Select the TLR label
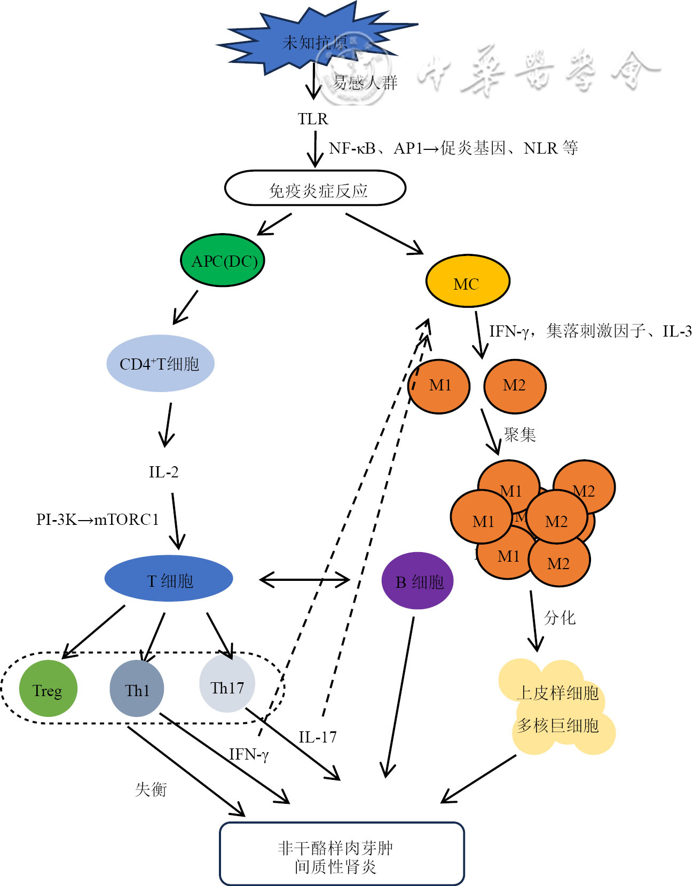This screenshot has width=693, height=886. click(313, 119)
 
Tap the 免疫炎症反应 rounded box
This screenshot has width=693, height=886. click(316, 188)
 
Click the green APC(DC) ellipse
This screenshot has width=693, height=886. click(223, 261)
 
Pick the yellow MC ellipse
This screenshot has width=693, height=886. click(467, 281)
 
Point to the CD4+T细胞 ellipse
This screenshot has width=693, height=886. click(160, 364)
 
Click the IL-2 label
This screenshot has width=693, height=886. click(163, 472)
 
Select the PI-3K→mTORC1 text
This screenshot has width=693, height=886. click(97, 520)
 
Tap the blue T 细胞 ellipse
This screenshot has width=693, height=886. click(169, 579)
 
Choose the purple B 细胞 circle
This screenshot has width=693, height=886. click(418, 581)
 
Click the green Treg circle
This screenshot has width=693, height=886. click(48, 689)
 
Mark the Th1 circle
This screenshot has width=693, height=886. click(137, 689)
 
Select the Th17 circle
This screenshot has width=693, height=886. click(227, 686)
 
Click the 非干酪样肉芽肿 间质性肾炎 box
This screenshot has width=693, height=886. click(342, 853)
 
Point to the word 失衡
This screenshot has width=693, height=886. click(151, 789)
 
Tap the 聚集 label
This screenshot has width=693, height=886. click(519, 435)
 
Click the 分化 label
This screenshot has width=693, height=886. click(560, 618)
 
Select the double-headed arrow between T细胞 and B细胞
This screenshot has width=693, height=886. click(304, 580)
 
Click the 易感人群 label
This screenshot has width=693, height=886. click(365, 83)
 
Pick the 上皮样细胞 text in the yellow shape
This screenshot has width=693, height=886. click(557, 693)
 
